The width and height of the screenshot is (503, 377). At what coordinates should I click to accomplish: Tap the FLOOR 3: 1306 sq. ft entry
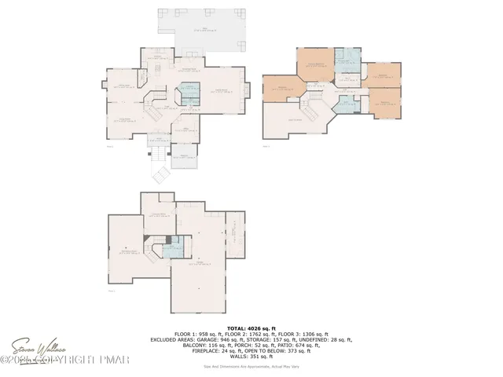pos(305,334)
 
